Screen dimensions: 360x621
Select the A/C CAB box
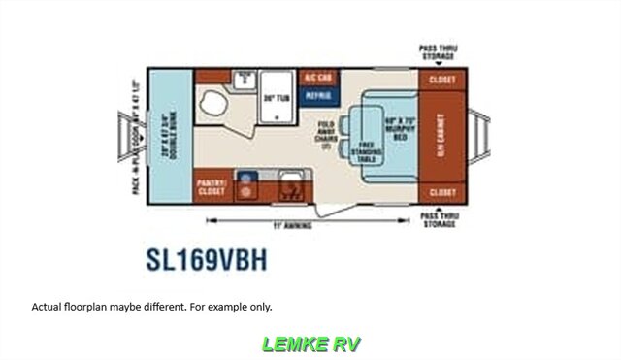[x=318, y=77]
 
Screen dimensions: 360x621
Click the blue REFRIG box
[x=318, y=96]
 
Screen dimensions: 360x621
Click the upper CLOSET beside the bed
[x=442, y=81]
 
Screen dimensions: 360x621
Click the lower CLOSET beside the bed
[x=442, y=192]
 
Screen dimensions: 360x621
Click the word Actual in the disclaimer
[x=46, y=307]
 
